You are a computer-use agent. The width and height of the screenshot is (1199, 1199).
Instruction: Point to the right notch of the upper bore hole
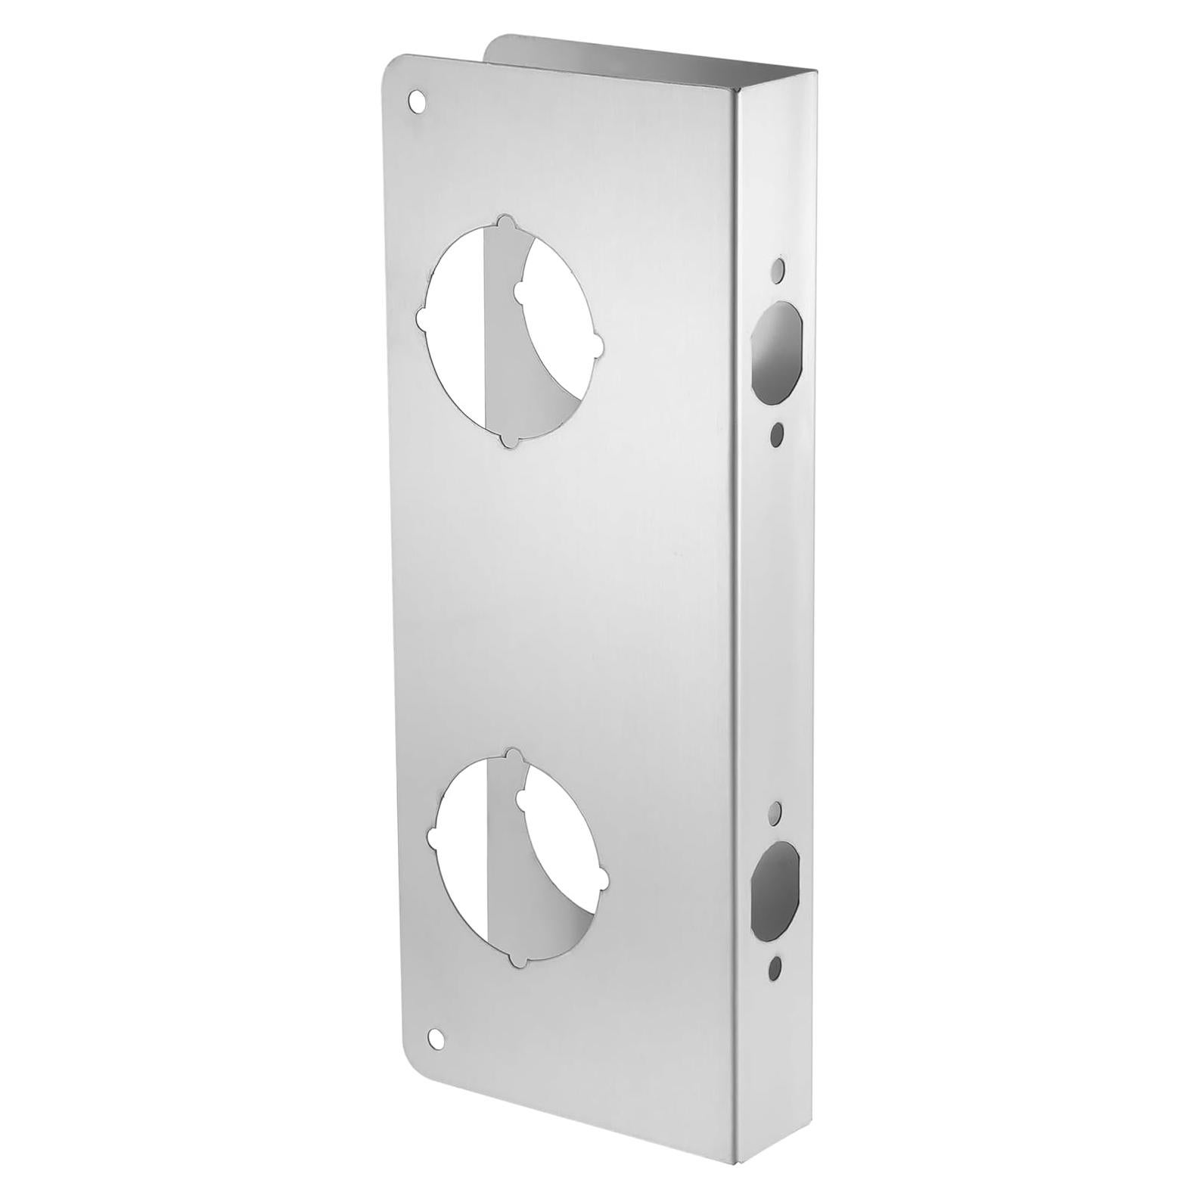(x=598, y=346)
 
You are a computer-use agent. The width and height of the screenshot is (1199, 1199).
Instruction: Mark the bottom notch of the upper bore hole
(x=514, y=440)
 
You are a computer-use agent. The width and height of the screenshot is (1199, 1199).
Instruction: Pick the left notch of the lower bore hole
(x=433, y=839)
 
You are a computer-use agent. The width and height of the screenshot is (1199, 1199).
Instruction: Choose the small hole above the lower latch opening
(x=776, y=811)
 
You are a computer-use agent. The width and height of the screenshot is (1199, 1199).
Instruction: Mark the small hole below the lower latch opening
(x=775, y=966)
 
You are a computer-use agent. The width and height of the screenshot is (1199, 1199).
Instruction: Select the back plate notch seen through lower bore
(x=521, y=797)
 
